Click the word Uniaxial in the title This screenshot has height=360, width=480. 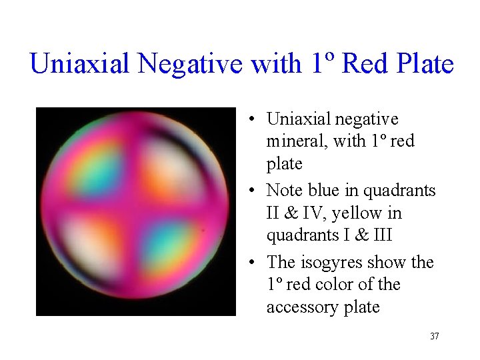coord(81,64)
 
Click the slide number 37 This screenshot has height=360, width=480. coord(434,336)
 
